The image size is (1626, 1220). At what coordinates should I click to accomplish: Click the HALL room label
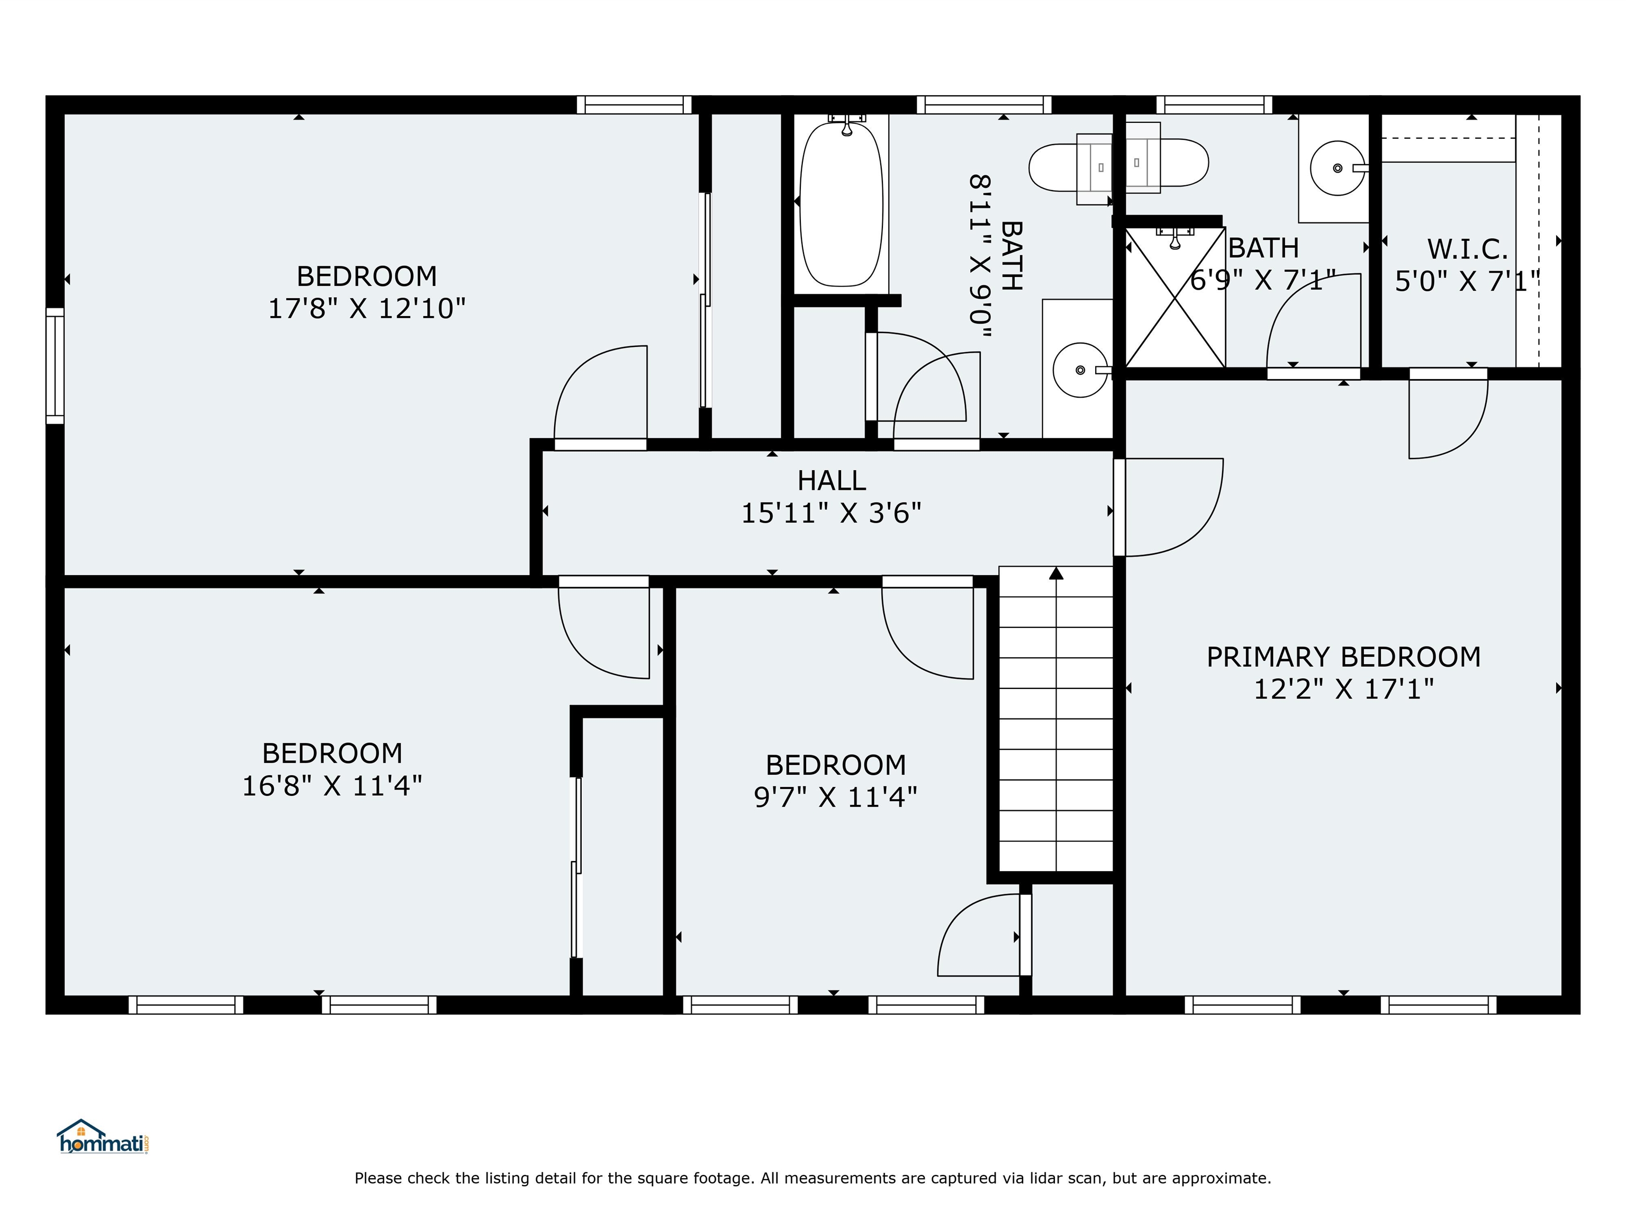click(832, 480)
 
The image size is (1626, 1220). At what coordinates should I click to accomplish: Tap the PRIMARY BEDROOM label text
click(1343, 657)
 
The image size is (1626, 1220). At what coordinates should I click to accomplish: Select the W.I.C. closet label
click(1467, 249)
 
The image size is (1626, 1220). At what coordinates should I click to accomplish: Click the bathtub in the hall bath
click(841, 204)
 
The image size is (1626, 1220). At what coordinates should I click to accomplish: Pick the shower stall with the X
click(1175, 298)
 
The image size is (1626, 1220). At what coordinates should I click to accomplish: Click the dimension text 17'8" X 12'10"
click(366, 308)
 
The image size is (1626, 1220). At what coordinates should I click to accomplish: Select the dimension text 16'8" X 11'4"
click(332, 786)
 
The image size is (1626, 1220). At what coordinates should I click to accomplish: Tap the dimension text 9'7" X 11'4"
click(835, 797)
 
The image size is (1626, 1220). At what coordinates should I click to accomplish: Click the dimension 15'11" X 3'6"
click(830, 513)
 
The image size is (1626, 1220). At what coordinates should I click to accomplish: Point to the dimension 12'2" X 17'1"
click(1343, 689)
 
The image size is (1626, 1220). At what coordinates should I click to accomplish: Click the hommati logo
click(103, 1137)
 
